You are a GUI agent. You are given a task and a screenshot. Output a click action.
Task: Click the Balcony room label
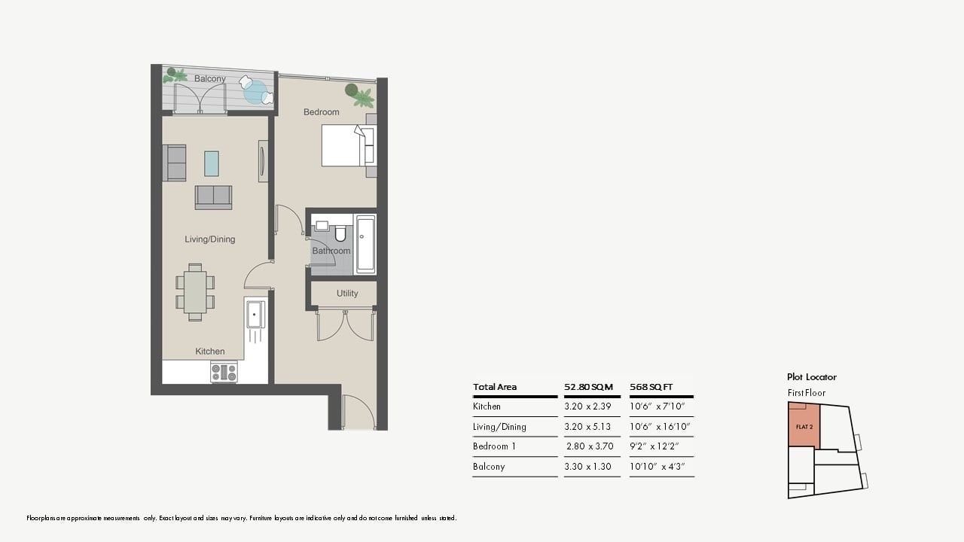(x=209, y=79)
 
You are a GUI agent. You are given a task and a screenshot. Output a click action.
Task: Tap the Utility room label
(x=347, y=294)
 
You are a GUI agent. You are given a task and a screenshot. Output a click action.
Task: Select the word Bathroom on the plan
(x=331, y=251)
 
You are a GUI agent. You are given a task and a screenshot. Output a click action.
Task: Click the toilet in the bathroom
(x=340, y=233)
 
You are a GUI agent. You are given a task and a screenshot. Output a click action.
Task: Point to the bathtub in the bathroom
(x=365, y=245)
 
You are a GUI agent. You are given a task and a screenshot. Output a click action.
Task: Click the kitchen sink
(x=255, y=314)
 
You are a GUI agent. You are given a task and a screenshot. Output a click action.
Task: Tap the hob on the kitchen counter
(x=224, y=372)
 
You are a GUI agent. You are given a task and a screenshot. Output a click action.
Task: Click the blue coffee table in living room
(x=212, y=163)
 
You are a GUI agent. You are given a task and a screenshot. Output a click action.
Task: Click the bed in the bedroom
(x=349, y=146)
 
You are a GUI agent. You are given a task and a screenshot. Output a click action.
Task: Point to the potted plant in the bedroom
(x=359, y=95)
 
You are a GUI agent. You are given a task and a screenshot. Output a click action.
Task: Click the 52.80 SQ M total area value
(x=588, y=387)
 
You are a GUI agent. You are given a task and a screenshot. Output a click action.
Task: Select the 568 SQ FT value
(x=651, y=387)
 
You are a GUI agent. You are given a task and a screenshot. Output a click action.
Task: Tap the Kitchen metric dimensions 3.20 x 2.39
(x=587, y=406)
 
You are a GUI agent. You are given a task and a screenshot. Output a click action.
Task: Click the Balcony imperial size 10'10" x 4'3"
(x=657, y=467)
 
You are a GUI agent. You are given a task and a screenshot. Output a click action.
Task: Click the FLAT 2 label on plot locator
(x=804, y=427)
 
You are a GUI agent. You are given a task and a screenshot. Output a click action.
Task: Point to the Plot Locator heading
(x=812, y=377)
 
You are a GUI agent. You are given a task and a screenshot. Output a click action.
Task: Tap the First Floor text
(x=807, y=393)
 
